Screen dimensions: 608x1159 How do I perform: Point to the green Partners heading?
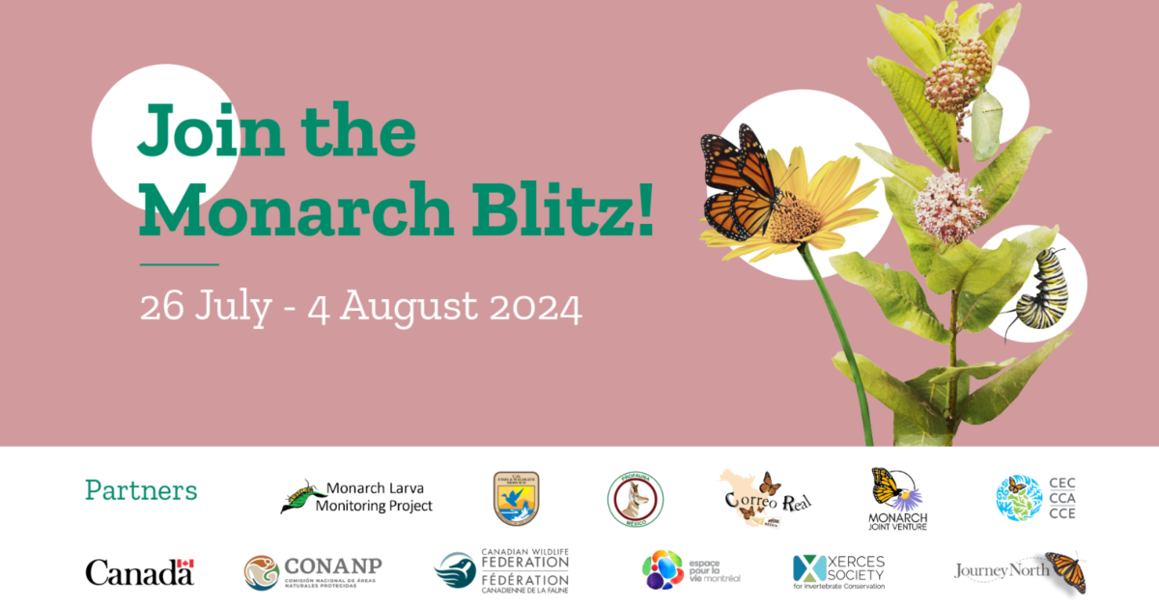pyautogui.click(x=141, y=490)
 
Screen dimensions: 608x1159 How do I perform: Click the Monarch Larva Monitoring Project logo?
pyautogui.click(x=357, y=496)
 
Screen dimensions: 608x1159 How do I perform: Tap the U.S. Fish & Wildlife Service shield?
pyautogui.click(x=516, y=498)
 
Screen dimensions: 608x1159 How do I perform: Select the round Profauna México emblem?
pyautogui.click(x=635, y=499)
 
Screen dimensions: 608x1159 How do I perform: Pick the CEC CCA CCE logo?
pyautogui.click(x=1035, y=498)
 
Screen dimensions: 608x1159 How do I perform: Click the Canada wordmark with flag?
pyautogui.click(x=140, y=571)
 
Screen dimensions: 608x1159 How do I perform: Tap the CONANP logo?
pyautogui.click(x=311, y=571)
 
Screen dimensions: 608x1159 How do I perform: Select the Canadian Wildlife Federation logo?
pyautogui.click(x=501, y=570)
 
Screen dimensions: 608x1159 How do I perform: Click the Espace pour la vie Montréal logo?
pyautogui.click(x=691, y=569)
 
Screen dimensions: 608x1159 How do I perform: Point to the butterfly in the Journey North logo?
pyautogui.click(x=1066, y=572)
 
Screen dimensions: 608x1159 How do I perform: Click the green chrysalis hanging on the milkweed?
pyautogui.click(x=986, y=124)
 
